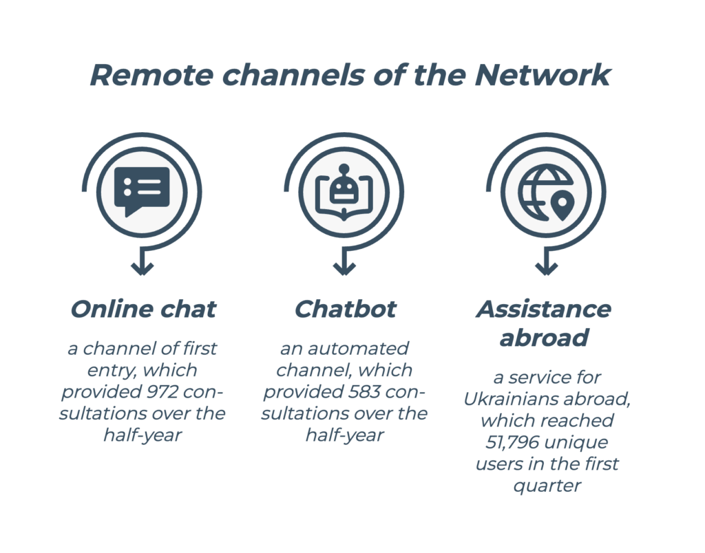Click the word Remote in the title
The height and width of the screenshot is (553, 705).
point(151,75)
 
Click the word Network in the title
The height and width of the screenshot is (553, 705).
point(543,75)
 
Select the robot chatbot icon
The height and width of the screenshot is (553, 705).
point(344,192)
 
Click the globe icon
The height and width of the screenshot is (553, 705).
point(545,193)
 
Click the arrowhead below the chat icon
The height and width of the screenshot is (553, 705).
point(142,268)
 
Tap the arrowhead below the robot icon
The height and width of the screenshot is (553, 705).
point(344,268)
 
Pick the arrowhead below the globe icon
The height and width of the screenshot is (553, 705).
point(546,268)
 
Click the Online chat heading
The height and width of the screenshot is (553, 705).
point(143,309)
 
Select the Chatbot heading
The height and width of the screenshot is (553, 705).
point(345,309)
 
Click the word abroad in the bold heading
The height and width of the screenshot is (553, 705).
point(544,338)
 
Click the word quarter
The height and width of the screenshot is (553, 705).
point(547,486)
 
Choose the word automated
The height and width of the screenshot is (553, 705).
point(358,348)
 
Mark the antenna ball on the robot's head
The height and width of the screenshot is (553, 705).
point(344,169)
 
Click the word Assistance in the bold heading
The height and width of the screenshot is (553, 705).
point(544,309)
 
